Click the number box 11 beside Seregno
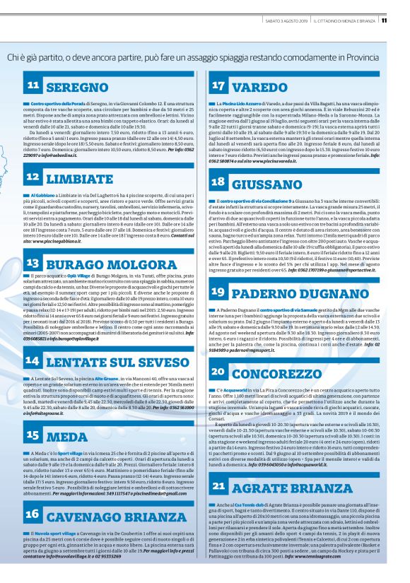coord(34,86)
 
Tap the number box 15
coord(34,435)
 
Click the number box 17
coord(218,86)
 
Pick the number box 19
coord(218,292)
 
